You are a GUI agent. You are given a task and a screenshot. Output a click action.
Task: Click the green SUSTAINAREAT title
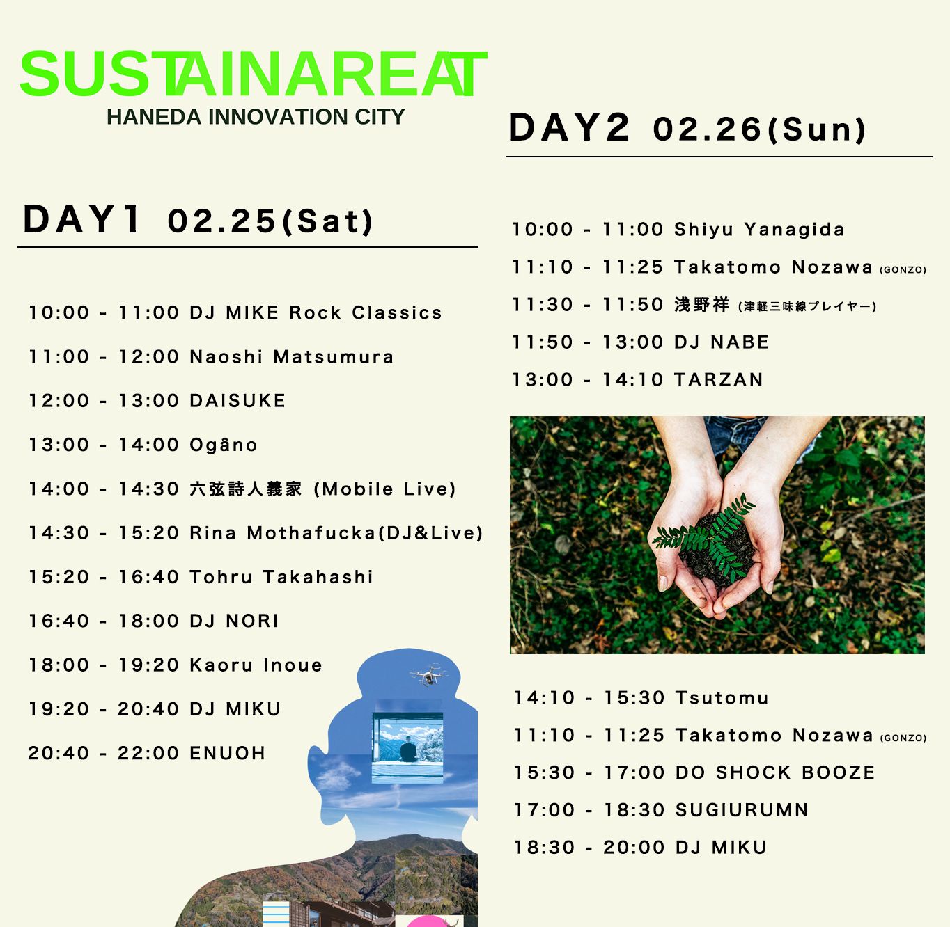tap(254, 73)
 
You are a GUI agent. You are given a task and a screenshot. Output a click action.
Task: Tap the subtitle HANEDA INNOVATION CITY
tap(256, 117)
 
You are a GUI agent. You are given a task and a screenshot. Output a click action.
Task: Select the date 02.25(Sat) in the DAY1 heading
tap(270, 221)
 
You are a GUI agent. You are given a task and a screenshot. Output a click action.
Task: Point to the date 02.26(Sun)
tap(760, 129)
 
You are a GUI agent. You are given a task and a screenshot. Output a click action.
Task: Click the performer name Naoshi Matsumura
tap(291, 356)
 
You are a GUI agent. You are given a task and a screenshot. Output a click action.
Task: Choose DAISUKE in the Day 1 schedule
tap(238, 401)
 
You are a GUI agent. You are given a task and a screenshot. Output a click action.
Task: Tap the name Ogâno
tap(223, 445)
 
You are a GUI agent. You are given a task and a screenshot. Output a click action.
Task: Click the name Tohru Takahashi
tap(281, 577)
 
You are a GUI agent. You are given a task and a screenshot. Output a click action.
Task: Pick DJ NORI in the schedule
tap(234, 621)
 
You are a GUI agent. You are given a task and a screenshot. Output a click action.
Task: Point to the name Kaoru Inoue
tap(256, 665)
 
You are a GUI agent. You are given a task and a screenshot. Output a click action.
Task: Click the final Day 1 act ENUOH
tap(228, 753)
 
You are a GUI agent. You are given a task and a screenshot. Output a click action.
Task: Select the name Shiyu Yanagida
tap(759, 229)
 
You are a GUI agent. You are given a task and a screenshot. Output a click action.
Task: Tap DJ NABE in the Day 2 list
tap(722, 342)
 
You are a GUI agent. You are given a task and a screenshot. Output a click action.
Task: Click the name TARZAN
tap(719, 379)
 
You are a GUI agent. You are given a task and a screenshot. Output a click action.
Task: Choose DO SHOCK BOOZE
tap(775, 772)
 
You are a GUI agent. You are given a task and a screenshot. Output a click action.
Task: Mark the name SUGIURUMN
tap(742, 810)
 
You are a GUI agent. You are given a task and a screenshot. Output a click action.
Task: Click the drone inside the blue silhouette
tap(428, 674)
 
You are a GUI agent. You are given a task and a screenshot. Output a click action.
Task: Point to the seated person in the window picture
tap(408, 749)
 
